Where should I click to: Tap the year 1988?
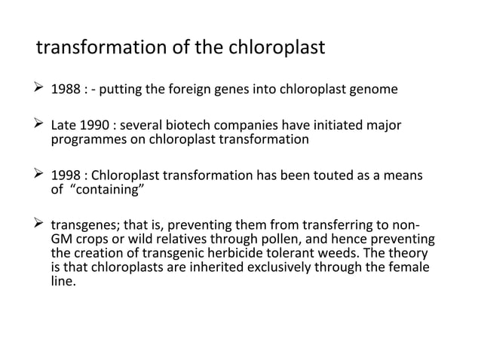coord(63,92)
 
